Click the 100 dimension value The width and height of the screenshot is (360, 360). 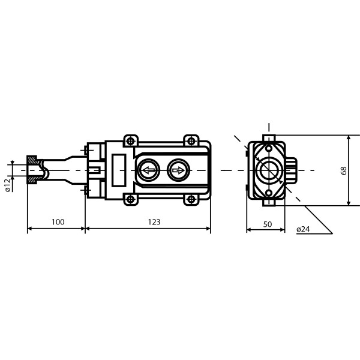pyautogui.click(x=58, y=222)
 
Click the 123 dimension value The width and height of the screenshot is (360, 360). pyautogui.click(x=154, y=222)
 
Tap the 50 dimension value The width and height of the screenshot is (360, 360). pyautogui.click(x=268, y=224)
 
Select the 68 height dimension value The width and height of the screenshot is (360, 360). pyautogui.click(x=344, y=170)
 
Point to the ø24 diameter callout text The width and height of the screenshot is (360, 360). pyautogui.click(x=303, y=229)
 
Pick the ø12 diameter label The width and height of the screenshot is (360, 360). pyautogui.click(x=8, y=185)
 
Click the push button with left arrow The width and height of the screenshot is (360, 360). pyautogui.click(x=148, y=170)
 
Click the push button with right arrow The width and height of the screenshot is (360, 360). pyautogui.click(x=178, y=170)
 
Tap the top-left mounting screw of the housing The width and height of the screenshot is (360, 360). pyautogui.click(x=131, y=141)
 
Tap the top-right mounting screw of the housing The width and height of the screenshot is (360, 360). pyautogui.click(x=191, y=141)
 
